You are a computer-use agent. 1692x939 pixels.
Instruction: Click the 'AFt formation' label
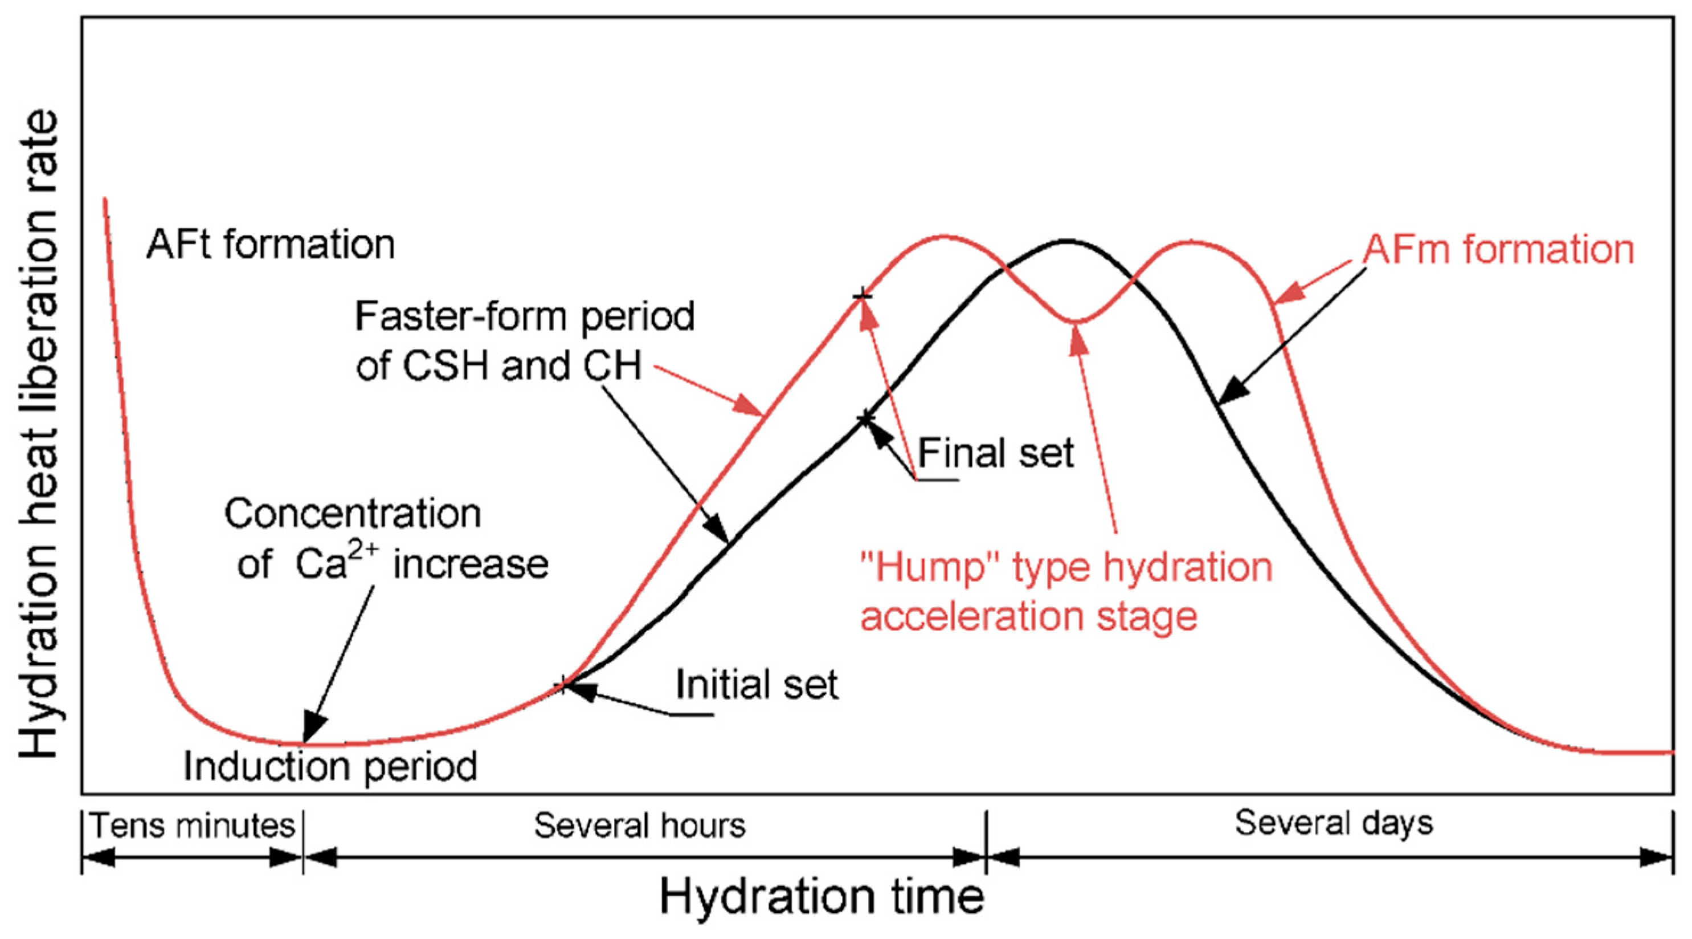click(x=271, y=245)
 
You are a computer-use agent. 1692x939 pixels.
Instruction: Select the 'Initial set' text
click(x=757, y=685)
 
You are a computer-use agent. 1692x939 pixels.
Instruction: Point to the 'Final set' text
click(x=995, y=453)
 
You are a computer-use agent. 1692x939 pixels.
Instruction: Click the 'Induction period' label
click(x=330, y=766)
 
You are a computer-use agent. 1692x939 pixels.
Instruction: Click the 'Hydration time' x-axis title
click(x=822, y=896)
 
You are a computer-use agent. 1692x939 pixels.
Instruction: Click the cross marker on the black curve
click(x=867, y=418)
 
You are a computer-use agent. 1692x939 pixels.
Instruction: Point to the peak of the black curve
click(x=1066, y=241)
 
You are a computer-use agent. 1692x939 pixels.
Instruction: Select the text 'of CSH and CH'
click(x=498, y=365)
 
